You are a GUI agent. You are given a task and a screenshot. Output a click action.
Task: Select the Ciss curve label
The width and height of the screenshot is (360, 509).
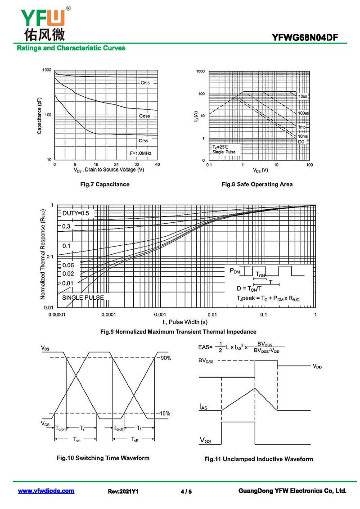(x=145, y=83)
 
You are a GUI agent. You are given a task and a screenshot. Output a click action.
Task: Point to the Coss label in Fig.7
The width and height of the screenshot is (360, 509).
(x=144, y=116)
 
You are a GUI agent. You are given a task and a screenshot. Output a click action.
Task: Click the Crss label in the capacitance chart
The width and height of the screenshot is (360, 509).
(x=144, y=141)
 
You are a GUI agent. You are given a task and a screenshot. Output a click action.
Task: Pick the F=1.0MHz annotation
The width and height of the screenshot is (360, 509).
(x=141, y=153)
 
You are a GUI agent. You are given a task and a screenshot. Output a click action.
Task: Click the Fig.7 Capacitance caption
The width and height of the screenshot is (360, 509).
(x=104, y=184)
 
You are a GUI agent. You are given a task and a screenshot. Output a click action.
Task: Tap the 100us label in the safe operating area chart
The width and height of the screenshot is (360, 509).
(x=303, y=113)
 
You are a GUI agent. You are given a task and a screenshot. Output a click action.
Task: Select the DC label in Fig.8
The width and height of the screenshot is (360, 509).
(x=301, y=142)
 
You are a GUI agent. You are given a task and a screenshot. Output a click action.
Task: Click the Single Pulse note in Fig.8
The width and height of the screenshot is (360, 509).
(x=224, y=152)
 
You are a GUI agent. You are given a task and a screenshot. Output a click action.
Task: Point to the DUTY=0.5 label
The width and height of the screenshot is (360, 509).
(x=76, y=213)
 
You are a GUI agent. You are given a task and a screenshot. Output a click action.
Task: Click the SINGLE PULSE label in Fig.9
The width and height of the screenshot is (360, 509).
(x=83, y=297)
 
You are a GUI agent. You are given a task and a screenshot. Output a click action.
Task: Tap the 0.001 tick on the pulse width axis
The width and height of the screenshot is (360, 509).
(x=160, y=315)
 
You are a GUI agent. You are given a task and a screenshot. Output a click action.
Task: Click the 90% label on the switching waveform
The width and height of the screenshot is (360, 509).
(x=166, y=358)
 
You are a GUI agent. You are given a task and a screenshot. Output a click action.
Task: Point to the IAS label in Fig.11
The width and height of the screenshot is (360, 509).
(x=204, y=407)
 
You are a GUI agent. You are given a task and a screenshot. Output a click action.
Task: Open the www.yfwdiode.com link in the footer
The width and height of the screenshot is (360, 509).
(x=46, y=491)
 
